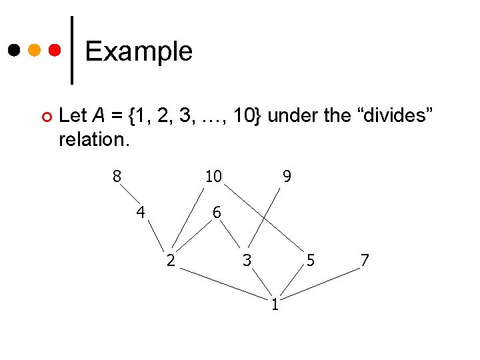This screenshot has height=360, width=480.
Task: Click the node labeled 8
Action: [x=117, y=177]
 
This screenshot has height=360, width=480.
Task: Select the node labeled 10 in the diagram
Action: [x=213, y=177]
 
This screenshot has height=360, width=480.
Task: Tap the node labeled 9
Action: [x=287, y=177]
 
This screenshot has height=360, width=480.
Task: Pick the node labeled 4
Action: [x=141, y=213]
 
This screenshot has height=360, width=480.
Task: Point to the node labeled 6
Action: [x=217, y=213]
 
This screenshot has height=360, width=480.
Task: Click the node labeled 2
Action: [x=171, y=261]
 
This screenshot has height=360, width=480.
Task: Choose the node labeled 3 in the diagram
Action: [x=247, y=261]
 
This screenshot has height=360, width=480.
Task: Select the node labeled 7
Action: [x=365, y=261]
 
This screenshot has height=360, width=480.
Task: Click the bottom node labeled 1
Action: [x=275, y=305]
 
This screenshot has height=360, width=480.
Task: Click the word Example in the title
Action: [x=139, y=51]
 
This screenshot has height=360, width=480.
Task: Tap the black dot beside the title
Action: [x=13, y=51]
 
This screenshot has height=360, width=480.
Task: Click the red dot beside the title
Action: [x=56, y=51]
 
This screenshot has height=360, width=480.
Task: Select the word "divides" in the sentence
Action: [x=397, y=115]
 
